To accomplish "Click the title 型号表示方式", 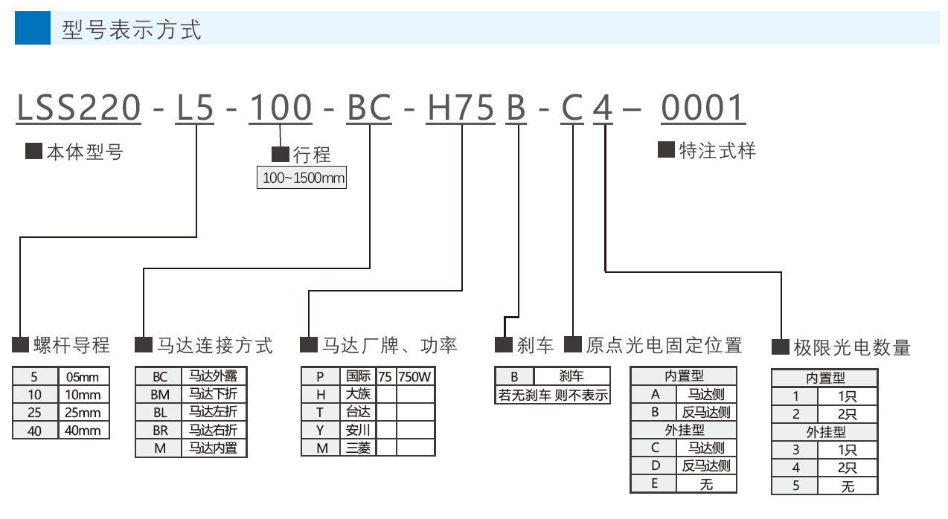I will click(x=131, y=30).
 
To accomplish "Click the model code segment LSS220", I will click(x=79, y=109).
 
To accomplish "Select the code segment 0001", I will click(x=702, y=109).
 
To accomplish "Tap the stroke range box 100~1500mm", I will click(x=301, y=178).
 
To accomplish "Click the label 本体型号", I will click(x=84, y=152).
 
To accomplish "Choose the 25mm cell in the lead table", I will click(x=83, y=413).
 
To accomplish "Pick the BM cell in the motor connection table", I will click(x=159, y=394).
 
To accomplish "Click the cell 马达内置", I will click(x=213, y=448).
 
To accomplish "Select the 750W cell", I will click(x=415, y=376).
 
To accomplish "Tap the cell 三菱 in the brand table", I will click(x=359, y=448).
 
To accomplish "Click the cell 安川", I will click(x=359, y=430).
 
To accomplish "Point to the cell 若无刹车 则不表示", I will click(x=553, y=395).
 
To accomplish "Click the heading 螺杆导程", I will click(x=71, y=345).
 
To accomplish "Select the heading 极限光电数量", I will click(x=851, y=347).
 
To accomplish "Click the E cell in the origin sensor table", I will click(x=654, y=484).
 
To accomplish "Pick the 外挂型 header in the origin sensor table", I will click(x=684, y=430).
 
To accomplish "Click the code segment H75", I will click(x=460, y=109).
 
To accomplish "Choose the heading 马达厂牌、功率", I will click(x=389, y=345).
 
